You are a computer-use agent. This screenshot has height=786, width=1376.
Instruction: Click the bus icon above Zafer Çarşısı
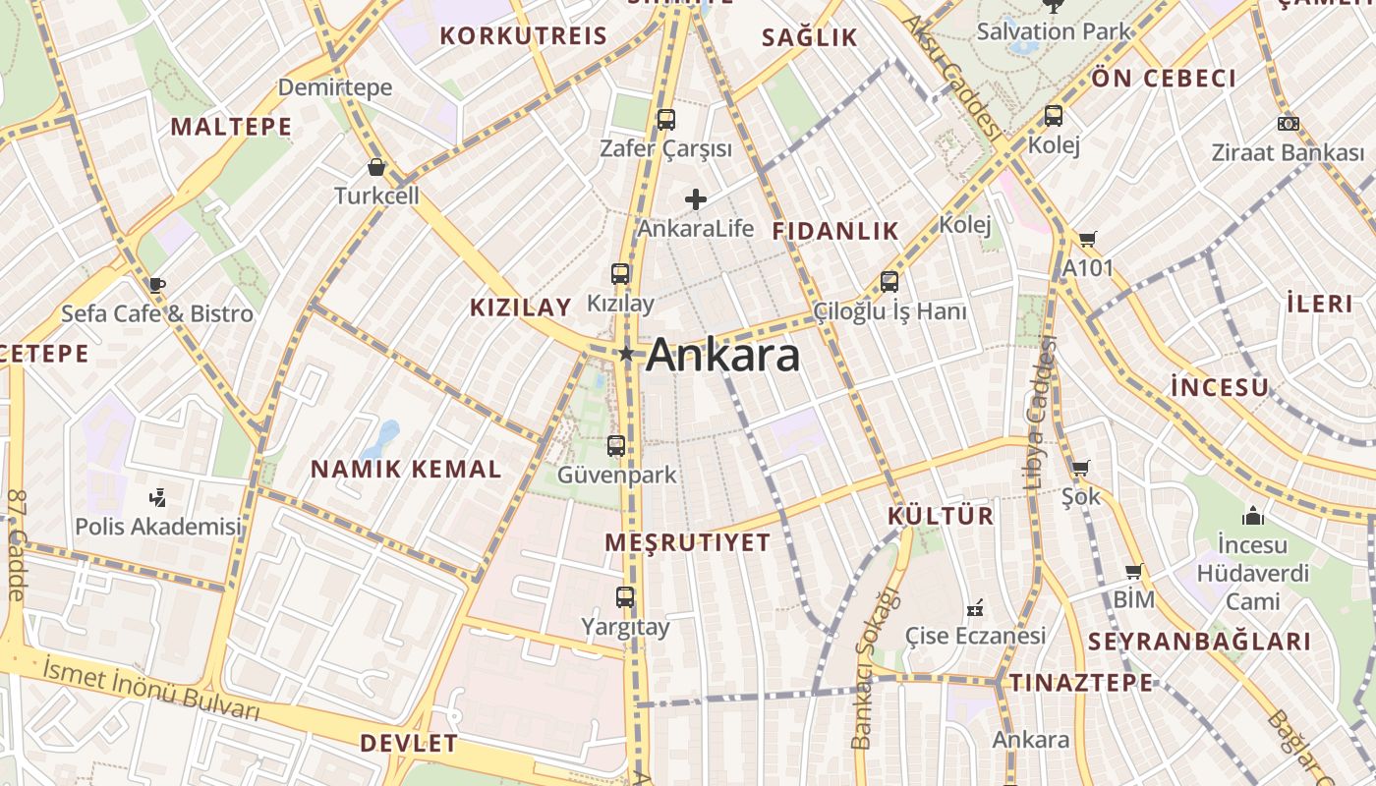pos(666,120)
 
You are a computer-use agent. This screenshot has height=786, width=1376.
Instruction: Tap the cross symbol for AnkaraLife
pos(696,199)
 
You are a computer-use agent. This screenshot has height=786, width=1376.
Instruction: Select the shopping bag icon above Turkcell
pos(375,167)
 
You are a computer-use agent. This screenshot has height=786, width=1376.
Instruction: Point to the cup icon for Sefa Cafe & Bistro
pos(156,285)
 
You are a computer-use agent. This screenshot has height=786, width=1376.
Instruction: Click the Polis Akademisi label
pos(158,527)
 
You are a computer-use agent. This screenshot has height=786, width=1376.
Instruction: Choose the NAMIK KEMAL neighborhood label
pos(406,470)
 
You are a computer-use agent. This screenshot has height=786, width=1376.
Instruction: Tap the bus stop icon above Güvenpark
pos(616,446)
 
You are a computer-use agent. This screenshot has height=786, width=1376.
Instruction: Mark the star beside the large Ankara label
pos(626,353)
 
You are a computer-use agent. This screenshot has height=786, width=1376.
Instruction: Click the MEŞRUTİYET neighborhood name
pos(688,542)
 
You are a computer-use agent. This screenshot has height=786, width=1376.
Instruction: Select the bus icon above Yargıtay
pos(625,597)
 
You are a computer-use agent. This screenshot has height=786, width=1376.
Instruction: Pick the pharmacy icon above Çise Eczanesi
pos(975,608)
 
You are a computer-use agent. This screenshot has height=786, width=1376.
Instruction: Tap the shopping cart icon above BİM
pos(1133,571)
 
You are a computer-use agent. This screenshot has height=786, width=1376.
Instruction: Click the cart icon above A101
pos(1087,240)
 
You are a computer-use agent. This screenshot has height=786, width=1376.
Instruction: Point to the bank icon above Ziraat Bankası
pos(1288,124)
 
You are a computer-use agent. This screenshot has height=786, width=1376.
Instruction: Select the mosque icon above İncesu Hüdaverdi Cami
pos(1252,516)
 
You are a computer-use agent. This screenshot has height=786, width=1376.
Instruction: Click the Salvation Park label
pos(1055,31)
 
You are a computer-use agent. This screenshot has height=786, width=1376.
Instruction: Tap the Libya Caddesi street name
pos(1039,413)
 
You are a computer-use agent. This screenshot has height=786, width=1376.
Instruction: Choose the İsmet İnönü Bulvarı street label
pos(151,690)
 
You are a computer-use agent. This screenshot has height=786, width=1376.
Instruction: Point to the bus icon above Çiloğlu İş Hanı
pos(889,282)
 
